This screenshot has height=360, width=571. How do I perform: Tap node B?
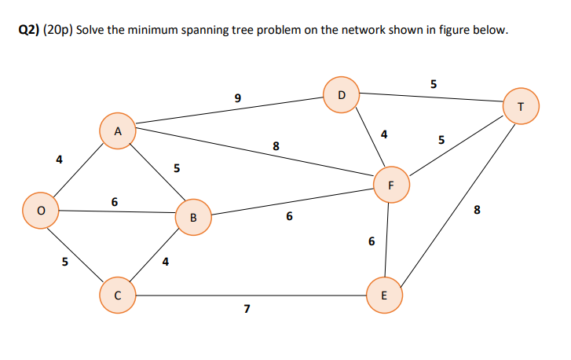pyautogui.click(x=193, y=218)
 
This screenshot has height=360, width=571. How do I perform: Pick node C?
pyautogui.click(x=116, y=296)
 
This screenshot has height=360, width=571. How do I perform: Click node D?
pyautogui.click(x=341, y=94)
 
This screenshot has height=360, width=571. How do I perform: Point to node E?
pyautogui.click(x=383, y=296)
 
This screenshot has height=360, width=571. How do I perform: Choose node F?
pyautogui.click(x=390, y=186)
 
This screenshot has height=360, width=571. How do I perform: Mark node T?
pyautogui.click(x=522, y=108)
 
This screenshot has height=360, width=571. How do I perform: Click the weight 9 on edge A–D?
pyautogui.click(x=237, y=98)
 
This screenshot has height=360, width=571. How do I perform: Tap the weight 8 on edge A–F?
pyautogui.click(x=275, y=145)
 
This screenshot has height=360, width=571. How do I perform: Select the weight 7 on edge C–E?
pyautogui.click(x=247, y=309)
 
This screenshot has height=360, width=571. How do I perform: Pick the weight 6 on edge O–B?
pyautogui.click(x=115, y=202)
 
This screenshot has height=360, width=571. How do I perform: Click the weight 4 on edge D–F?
pyautogui.click(x=383, y=134)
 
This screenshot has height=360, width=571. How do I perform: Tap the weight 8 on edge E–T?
pyautogui.click(x=478, y=210)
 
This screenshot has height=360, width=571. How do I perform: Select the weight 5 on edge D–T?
pyautogui.click(x=434, y=84)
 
